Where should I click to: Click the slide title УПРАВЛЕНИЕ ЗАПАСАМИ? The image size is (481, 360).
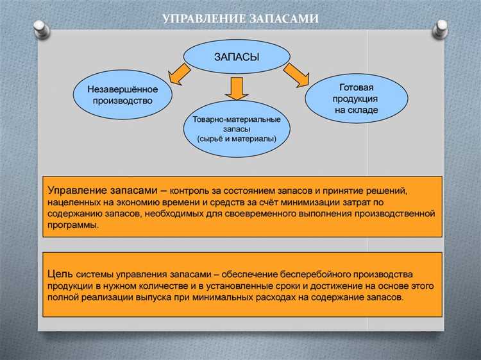tap(240, 19)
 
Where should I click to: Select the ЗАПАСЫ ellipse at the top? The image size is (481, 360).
tap(236, 57)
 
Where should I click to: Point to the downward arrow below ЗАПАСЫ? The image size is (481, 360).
tap(237, 89)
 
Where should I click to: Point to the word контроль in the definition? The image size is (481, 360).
tap(198, 191)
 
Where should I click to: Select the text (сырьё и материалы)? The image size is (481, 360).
tap(237, 139)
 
